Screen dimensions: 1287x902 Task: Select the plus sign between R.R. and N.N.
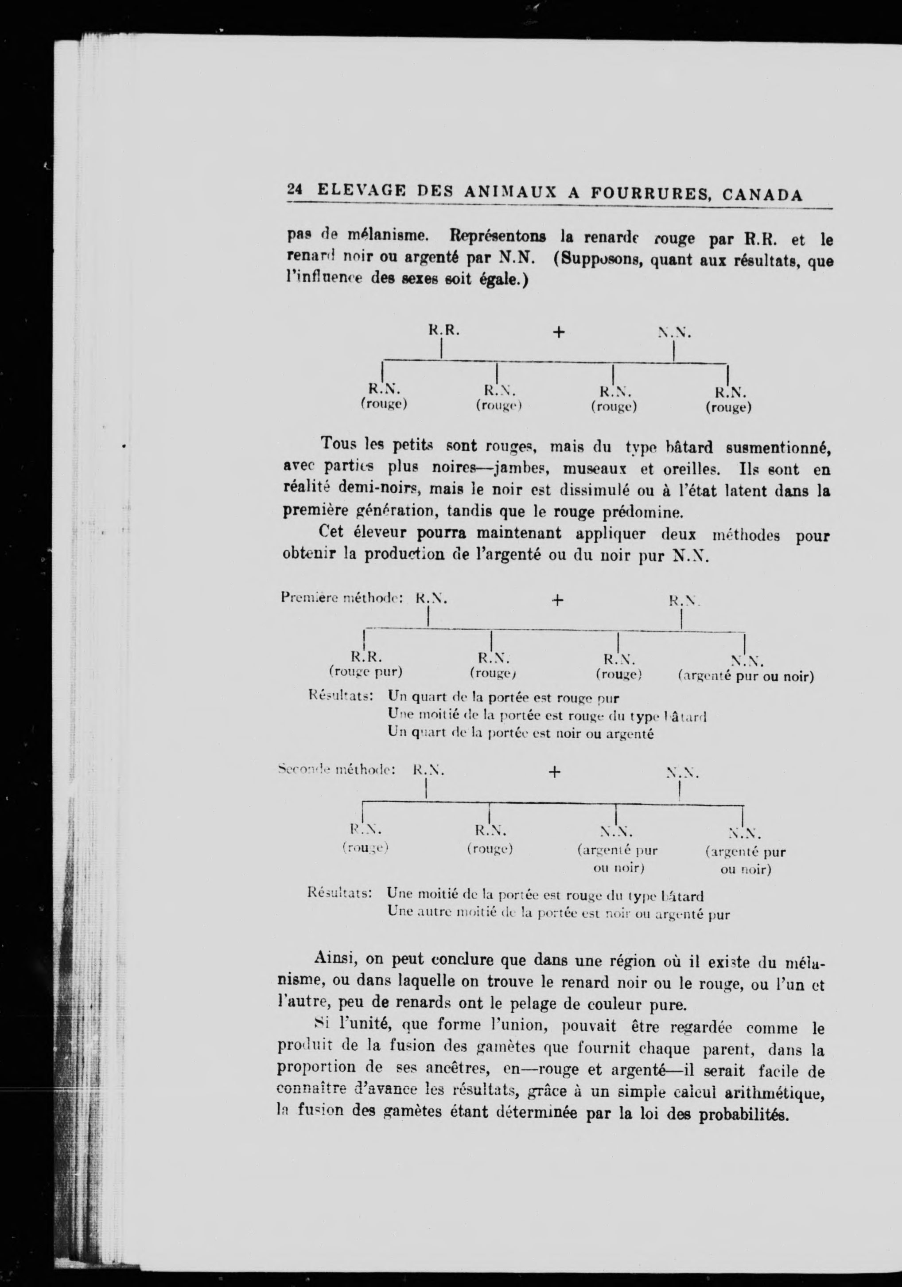point(559,332)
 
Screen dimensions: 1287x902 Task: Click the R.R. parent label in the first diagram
point(444,330)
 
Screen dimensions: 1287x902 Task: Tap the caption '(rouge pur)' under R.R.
point(366,671)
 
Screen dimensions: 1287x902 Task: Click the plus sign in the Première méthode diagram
point(557,601)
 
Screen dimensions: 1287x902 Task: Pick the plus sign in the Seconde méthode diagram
point(554,772)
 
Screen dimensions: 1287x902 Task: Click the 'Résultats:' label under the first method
point(341,696)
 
